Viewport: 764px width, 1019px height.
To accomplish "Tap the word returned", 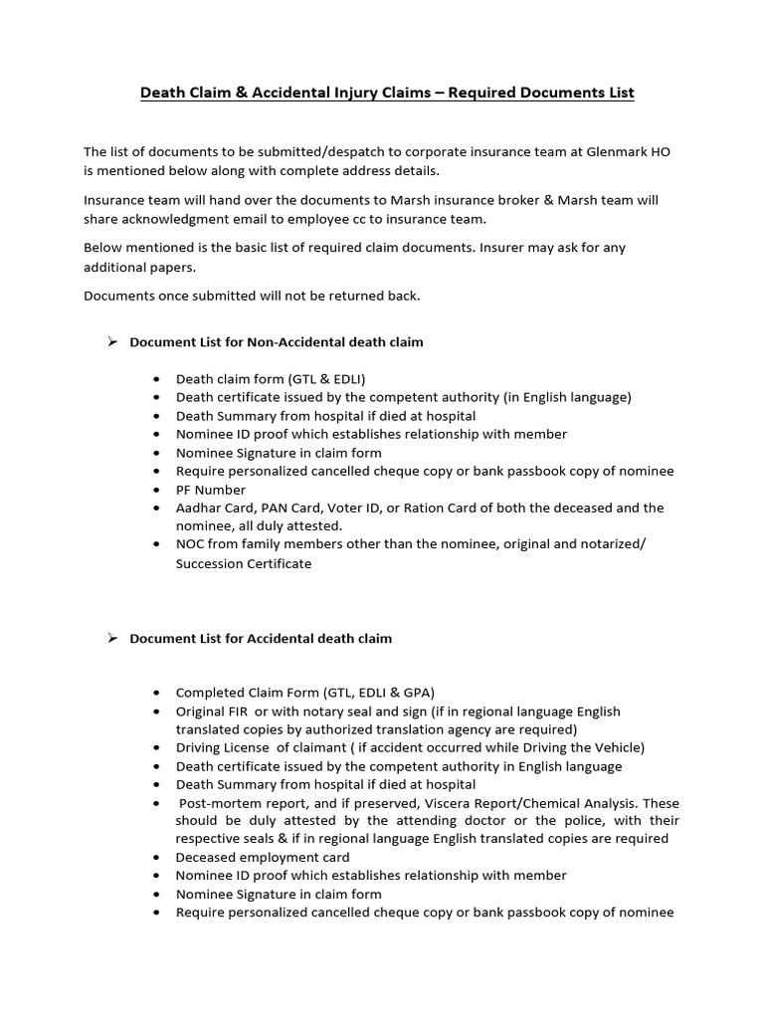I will pyautogui.click(x=351, y=296).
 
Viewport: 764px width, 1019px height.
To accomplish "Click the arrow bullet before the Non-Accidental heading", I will pyautogui.click(x=112, y=341).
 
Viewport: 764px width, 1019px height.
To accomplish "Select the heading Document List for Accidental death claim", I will pyautogui.click(x=261, y=638).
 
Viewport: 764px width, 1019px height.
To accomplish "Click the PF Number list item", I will pyautogui.click(x=210, y=490).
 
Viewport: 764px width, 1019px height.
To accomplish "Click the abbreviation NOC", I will pyautogui.click(x=191, y=544).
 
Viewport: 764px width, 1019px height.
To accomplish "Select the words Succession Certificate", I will pyautogui.click(x=244, y=563).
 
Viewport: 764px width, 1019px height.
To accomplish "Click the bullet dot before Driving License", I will pyautogui.click(x=157, y=748).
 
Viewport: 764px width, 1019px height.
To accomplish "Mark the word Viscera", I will pyautogui.click(x=474, y=802).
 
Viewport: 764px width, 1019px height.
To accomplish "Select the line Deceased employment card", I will pyautogui.click(x=263, y=857).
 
